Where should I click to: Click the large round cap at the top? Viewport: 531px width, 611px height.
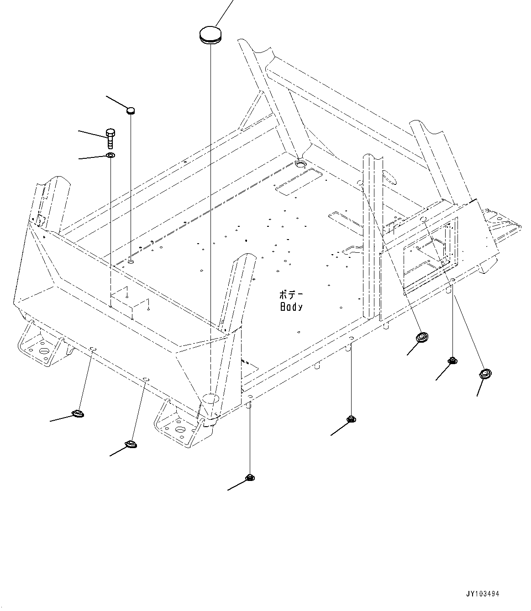[210, 35]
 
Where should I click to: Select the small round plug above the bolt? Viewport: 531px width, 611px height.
[131, 110]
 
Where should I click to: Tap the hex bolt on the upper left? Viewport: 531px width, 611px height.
[110, 137]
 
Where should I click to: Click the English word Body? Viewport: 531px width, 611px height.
[291, 307]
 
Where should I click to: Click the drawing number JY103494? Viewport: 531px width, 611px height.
[483, 594]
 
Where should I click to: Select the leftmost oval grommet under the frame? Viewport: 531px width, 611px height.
[78, 414]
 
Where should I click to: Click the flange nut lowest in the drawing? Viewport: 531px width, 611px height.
[249, 478]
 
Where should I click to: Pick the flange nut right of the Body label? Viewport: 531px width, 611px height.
[351, 419]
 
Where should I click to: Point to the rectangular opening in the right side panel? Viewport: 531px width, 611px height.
[429, 256]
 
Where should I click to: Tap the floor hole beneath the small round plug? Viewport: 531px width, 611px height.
[131, 261]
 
